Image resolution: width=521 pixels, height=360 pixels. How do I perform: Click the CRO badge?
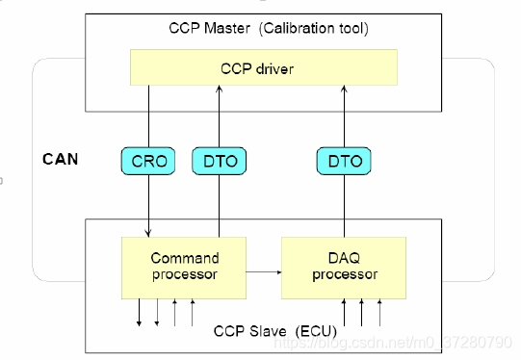(149, 162)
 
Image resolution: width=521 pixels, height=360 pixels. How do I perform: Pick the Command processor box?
(185, 267)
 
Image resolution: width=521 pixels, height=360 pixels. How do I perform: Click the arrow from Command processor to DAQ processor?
(262, 272)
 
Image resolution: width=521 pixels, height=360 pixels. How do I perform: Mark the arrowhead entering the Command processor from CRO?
(149, 232)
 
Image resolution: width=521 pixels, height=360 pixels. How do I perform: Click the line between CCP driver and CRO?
(149, 116)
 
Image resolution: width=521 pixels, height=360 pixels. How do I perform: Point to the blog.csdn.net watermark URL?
(424, 341)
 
